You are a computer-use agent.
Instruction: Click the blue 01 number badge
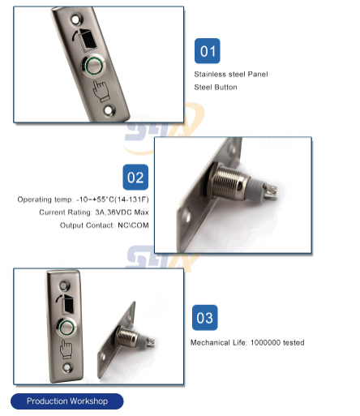(208, 51)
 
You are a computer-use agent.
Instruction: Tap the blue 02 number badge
(135, 177)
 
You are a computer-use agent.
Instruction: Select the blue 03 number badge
(205, 318)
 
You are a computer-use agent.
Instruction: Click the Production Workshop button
(67, 401)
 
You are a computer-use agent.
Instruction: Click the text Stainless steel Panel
(231, 74)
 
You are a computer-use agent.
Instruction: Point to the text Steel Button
(216, 87)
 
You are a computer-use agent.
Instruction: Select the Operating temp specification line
(83, 199)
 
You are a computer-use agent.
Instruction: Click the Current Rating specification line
(94, 212)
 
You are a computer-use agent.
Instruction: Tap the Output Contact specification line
(105, 225)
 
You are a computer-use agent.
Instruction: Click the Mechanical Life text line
(247, 342)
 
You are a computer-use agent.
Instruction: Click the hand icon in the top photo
(100, 92)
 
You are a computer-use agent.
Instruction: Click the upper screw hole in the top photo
(75, 19)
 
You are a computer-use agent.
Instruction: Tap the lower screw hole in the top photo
(109, 110)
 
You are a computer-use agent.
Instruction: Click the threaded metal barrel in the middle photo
(229, 181)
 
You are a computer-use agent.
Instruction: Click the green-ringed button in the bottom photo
(66, 328)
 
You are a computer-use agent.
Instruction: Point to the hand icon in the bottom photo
(66, 350)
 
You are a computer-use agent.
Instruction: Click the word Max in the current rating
(142, 212)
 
